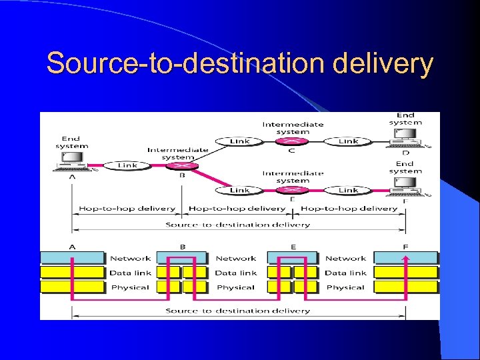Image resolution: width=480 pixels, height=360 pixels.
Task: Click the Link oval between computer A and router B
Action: [127, 165]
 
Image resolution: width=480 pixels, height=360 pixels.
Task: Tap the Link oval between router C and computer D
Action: [348, 141]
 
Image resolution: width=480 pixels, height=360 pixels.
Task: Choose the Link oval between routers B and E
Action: [239, 191]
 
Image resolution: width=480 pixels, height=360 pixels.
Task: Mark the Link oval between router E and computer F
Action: [348, 191]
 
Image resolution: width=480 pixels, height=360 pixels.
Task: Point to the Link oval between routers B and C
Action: [239, 141]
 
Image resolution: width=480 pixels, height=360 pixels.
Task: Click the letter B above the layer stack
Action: [182, 247]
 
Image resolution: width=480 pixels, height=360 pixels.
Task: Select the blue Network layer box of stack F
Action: [405, 258]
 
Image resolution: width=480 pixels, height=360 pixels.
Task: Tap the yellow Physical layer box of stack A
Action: [73, 287]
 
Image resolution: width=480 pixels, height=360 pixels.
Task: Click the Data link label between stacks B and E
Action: [235, 273]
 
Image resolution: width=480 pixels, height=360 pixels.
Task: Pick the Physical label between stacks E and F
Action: [345, 287]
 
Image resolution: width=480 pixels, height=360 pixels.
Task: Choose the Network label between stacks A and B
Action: [131, 258]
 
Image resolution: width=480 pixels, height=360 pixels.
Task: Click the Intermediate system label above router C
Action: [293, 127]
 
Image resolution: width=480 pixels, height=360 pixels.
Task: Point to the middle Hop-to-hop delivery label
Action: [237, 209]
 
